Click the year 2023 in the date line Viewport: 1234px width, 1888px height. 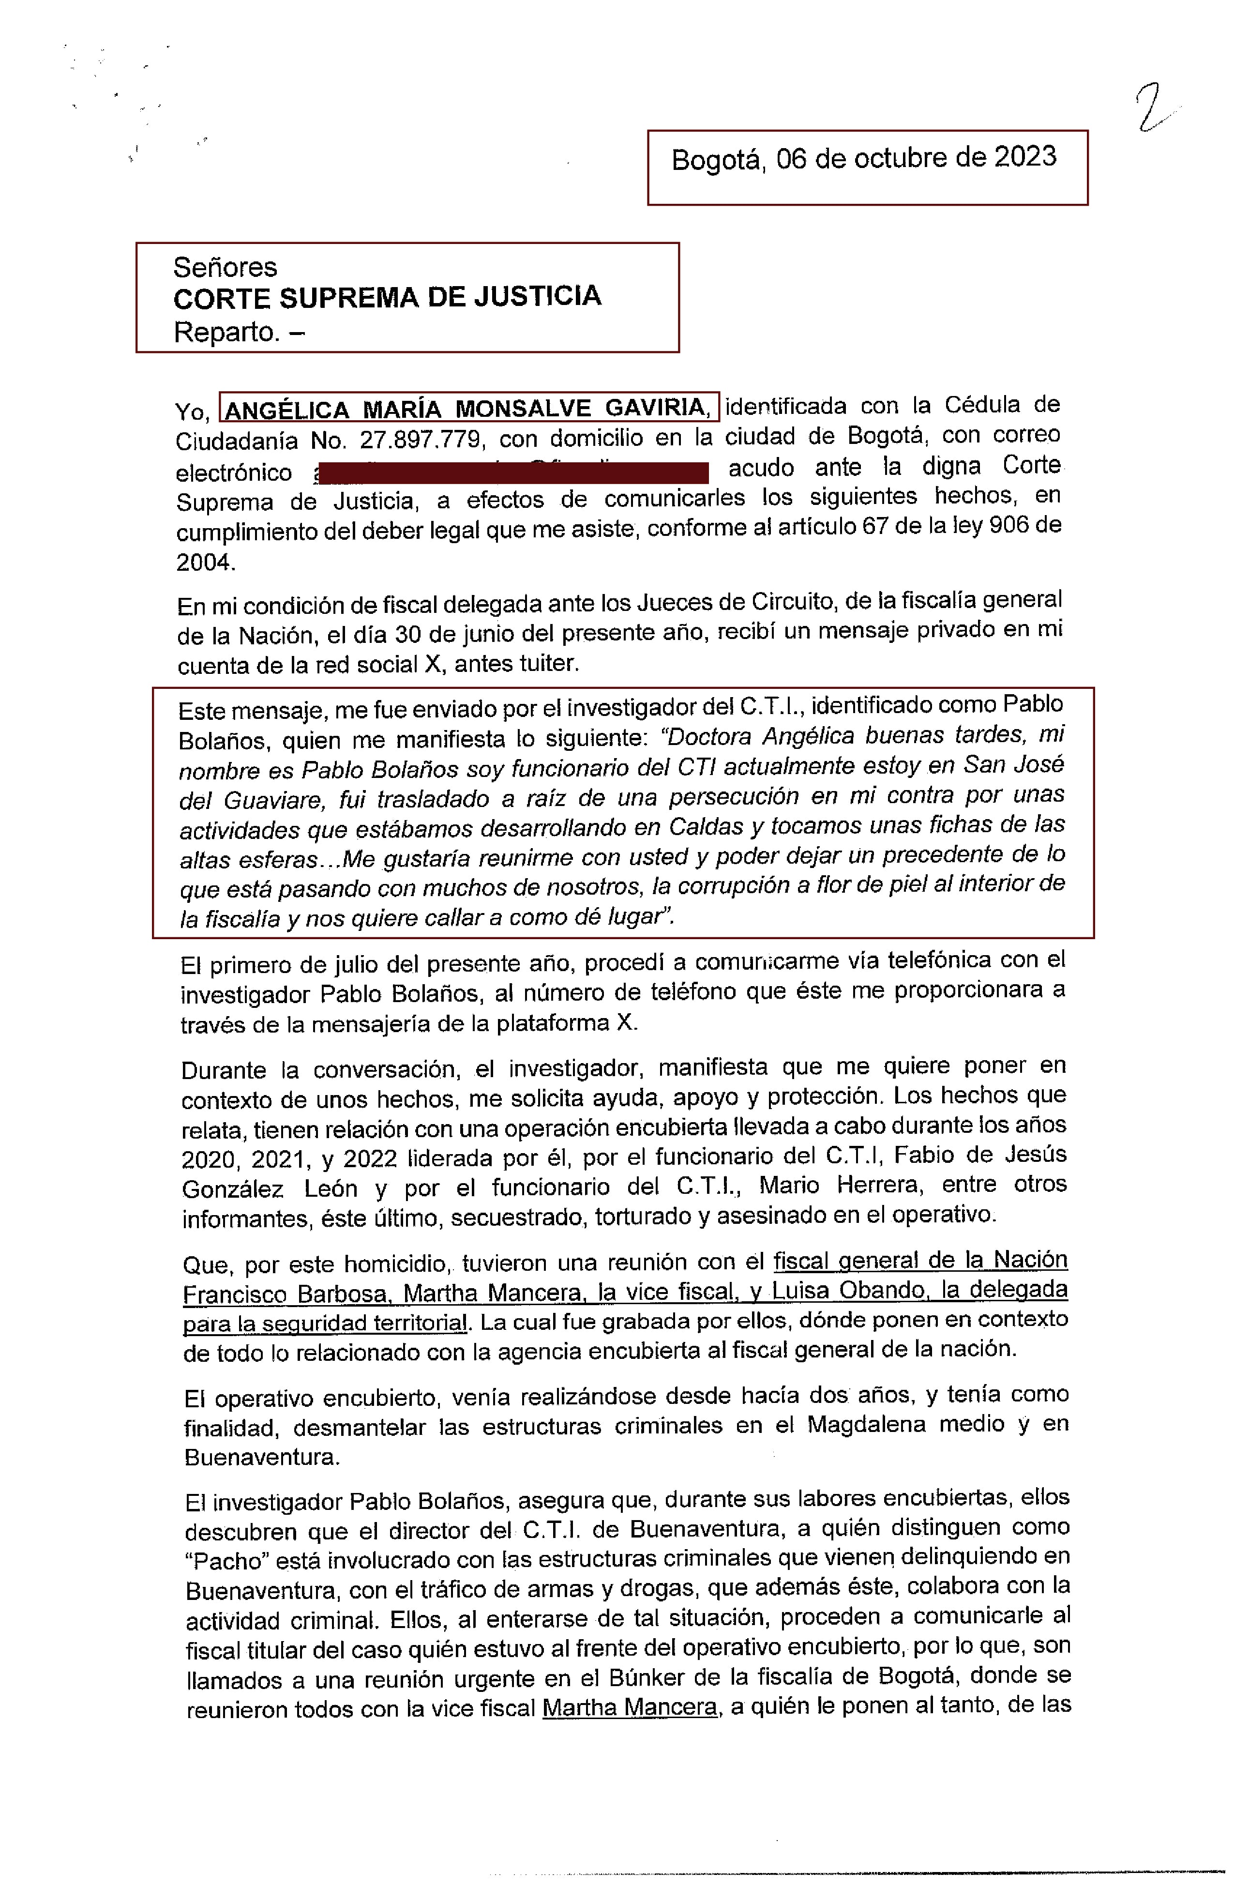coord(1024,156)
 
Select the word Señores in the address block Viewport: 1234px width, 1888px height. coord(225,267)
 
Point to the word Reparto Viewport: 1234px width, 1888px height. coord(226,332)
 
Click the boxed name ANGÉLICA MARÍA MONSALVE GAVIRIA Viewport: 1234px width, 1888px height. coord(468,408)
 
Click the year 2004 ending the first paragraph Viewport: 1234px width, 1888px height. coord(205,563)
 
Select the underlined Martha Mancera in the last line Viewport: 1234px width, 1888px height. coord(631,1707)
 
